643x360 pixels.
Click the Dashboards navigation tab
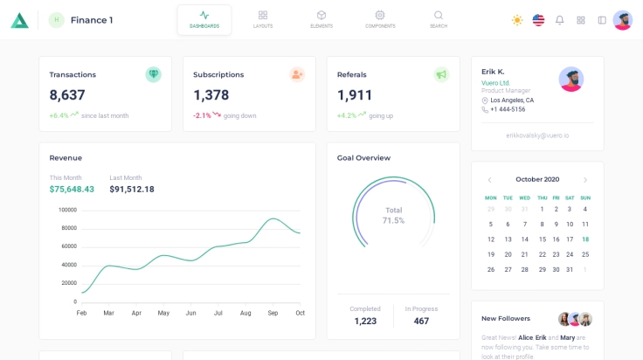click(204, 19)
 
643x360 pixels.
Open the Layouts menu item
click(263, 19)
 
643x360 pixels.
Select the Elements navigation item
click(321, 19)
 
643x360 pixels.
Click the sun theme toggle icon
click(517, 20)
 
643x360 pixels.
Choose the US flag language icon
click(538, 20)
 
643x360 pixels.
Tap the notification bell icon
click(560, 20)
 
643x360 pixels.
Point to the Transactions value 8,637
click(67, 95)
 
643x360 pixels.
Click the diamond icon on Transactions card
click(154, 74)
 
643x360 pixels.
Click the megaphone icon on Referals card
click(441, 74)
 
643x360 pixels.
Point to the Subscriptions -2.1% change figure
click(202, 115)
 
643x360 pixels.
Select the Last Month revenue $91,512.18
click(132, 189)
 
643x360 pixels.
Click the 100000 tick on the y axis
click(67, 210)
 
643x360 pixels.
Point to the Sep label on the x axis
click(273, 313)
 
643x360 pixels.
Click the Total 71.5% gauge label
click(394, 215)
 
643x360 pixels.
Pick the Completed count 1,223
click(365, 321)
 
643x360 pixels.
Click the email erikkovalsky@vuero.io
click(537, 135)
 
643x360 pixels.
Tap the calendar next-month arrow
click(585, 180)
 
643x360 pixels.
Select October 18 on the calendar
click(585, 239)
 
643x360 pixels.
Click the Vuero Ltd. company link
click(495, 83)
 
